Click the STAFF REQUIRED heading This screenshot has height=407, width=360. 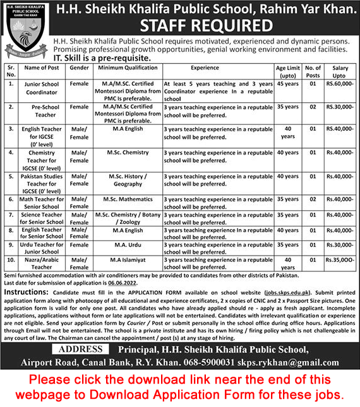click(206, 26)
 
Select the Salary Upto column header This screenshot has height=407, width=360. click(340, 71)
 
